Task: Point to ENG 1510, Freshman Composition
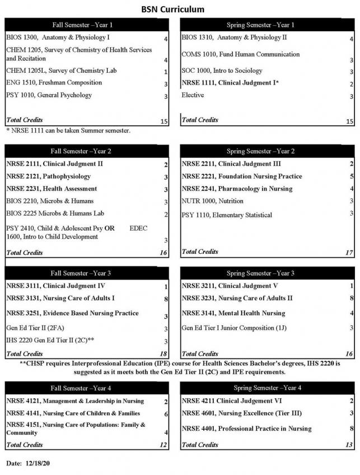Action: point(54,83)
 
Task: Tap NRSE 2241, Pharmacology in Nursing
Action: point(237,189)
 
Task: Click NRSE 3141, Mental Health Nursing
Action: point(233,313)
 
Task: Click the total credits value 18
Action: point(163,354)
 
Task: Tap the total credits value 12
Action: point(163,445)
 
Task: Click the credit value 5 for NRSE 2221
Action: point(351,177)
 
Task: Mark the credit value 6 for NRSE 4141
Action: point(166,414)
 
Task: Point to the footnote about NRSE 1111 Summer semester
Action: point(68,131)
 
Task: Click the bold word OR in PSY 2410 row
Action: point(109,228)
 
